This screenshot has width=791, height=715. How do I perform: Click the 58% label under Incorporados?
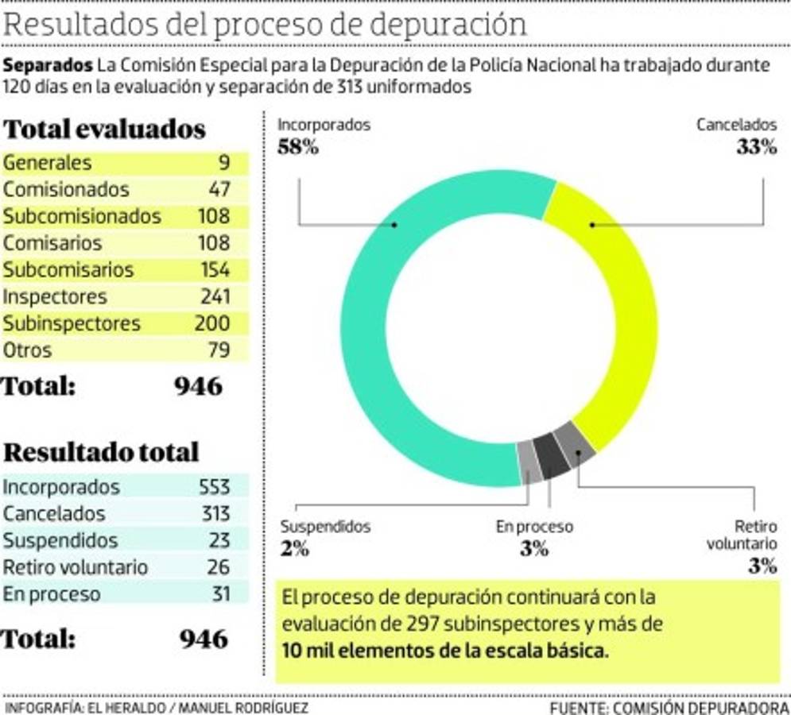coord(297,147)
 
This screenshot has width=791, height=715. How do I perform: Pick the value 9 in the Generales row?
coord(223,163)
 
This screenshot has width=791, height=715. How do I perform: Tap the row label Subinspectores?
coord(72,324)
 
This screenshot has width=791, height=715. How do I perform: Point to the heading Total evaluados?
coord(105,129)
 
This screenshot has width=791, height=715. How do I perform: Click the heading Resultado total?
coord(101,452)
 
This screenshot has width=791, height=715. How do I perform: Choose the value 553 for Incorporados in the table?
coord(214,487)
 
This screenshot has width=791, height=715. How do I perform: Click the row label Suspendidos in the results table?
coord(60,540)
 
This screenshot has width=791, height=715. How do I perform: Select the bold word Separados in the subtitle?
coord(48,65)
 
